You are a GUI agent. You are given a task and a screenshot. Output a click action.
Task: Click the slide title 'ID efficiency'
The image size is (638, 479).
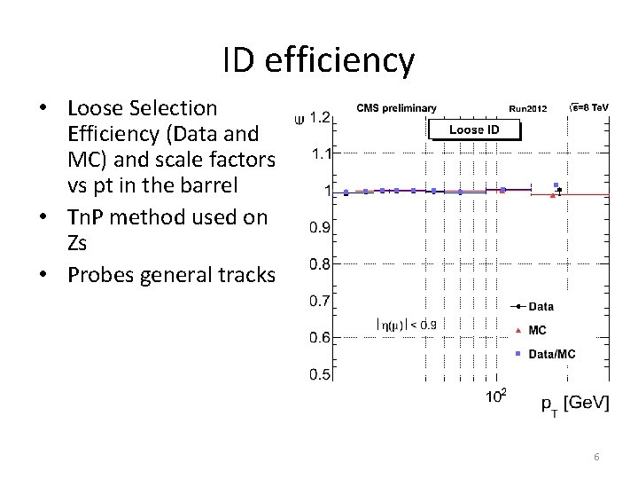(x=318, y=60)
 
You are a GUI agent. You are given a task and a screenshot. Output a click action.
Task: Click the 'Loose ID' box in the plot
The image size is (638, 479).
(x=474, y=130)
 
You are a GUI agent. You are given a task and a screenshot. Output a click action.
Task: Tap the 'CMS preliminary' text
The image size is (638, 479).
(x=396, y=108)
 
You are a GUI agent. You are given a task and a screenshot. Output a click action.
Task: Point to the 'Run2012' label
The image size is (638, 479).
(x=529, y=109)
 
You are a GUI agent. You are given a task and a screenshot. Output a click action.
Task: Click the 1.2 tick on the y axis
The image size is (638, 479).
(x=321, y=116)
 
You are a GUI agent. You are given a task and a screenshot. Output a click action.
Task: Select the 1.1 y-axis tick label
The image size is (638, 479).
(x=321, y=153)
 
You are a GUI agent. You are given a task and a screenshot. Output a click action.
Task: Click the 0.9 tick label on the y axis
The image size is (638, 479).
(x=321, y=227)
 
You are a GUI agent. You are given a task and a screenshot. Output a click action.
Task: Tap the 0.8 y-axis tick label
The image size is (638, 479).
(x=321, y=263)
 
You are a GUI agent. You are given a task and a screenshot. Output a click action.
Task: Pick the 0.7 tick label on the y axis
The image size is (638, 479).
(x=321, y=301)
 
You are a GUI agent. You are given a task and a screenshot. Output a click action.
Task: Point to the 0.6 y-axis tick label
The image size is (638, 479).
(x=321, y=337)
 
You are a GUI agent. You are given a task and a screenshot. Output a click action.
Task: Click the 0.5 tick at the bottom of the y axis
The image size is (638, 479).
(x=321, y=374)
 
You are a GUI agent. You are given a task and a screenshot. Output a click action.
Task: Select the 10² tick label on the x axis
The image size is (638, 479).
(x=496, y=396)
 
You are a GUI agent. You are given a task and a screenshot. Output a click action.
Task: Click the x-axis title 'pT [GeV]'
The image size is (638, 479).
(x=575, y=404)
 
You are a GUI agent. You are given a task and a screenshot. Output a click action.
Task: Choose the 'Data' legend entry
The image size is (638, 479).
(x=541, y=307)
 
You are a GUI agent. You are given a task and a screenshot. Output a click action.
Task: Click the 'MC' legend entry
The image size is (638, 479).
(x=537, y=330)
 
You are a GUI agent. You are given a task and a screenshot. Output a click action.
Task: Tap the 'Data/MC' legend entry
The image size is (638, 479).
(x=551, y=354)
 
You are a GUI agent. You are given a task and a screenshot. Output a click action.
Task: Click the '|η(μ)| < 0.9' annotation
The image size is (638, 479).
(x=407, y=325)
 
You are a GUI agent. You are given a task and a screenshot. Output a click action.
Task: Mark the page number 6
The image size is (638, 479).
(x=596, y=457)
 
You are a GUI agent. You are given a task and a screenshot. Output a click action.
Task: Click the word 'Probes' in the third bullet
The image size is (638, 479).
(x=98, y=275)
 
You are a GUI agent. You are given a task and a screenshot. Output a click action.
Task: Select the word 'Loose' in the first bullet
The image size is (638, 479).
(x=97, y=108)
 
